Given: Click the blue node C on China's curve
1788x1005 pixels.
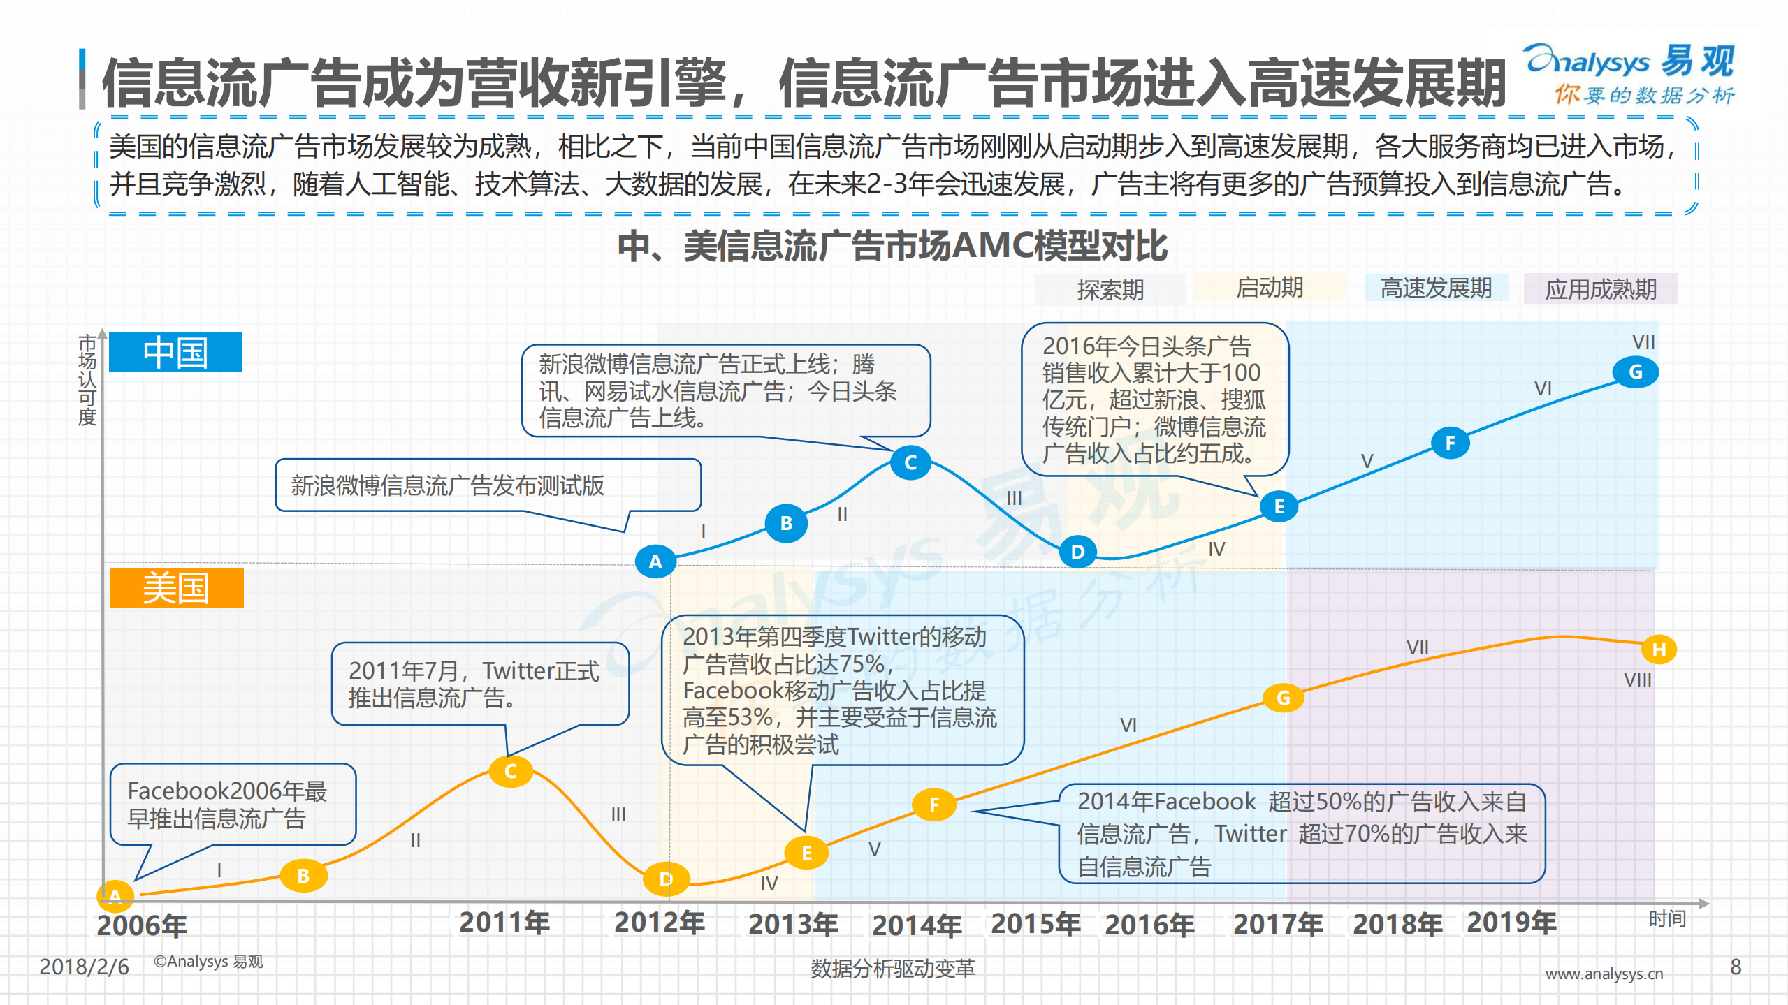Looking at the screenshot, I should click(x=910, y=462).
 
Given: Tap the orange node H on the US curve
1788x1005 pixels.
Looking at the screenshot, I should click(x=1659, y=650).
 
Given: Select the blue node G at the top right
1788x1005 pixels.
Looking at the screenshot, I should click(x=1635, y=372).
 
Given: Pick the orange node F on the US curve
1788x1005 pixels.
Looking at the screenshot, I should click(x=934, y=805).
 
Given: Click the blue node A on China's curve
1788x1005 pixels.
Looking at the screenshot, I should click(x=655, y=562).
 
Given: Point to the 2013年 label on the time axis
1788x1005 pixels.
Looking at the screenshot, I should click(x=793, y=924).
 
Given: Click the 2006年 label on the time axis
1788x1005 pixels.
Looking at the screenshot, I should click(x=142, y=925).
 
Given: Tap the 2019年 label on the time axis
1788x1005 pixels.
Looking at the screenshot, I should click(x=1511, y=923).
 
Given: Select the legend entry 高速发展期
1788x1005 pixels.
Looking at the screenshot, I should click(x=1436, y=288).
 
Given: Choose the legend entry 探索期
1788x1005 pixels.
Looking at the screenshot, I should click(x=1110, y=289).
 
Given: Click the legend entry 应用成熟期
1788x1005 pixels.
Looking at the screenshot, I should click(x=1600, y=288).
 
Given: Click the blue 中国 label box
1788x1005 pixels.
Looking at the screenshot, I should click(x=175, y=352).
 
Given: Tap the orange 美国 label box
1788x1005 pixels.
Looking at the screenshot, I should click(x=176, y=588).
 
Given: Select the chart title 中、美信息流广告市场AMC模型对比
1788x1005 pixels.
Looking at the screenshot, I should click(x=892, y=246).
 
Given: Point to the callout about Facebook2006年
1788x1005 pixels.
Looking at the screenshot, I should click(x=233, y=804).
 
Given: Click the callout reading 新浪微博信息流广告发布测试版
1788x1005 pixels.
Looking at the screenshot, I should click(x=487, y=485).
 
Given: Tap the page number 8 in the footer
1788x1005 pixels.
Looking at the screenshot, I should click(x=1736, y=967).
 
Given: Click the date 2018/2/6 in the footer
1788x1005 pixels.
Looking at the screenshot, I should click(x=84, y=967).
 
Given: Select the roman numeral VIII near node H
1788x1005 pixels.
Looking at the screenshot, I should click(x=1637, y=680).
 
